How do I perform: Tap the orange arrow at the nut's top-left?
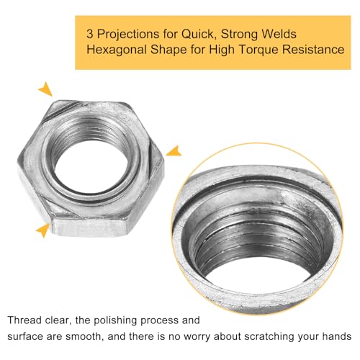pos(46,89)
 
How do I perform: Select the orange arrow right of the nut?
pos(173,150)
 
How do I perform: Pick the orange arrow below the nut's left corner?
pos(45,230)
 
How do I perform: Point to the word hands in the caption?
pos(334,336)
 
